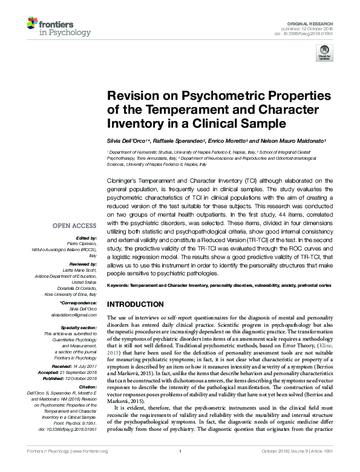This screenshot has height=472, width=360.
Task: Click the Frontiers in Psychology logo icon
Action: tap(33, 25)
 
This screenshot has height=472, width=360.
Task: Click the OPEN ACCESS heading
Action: tap(76, 226)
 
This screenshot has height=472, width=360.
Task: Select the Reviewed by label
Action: tap(83, 264)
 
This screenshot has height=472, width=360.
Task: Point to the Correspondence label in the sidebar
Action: tap(79, 304)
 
